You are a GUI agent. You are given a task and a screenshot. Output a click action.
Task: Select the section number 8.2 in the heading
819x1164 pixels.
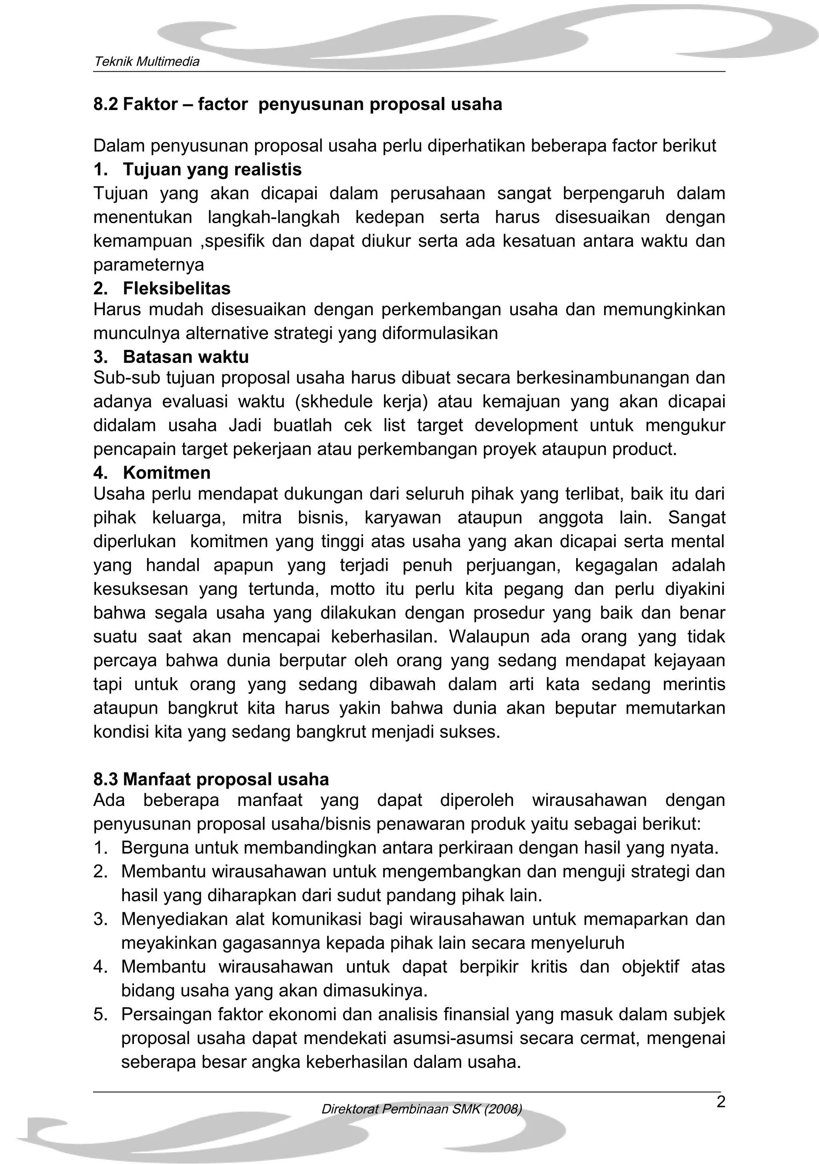click(106, 104)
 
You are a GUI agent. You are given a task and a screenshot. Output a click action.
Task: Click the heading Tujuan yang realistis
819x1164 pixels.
click(212, 169)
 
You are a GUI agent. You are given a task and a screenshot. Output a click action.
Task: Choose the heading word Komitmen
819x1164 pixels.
click(166, 472)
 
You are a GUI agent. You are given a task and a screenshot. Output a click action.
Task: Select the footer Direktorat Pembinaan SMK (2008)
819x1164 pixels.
click(421, 1109)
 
